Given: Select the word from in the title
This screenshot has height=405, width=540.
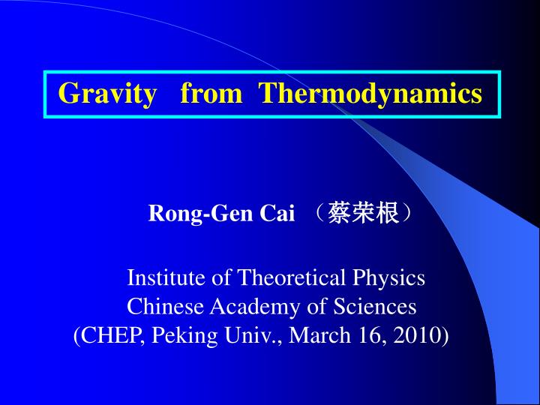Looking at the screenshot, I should (x=211, y=94).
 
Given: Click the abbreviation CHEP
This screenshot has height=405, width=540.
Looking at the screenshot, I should (x=112, y=335).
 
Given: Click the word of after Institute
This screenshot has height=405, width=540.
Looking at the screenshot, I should (x=221, y=278).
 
